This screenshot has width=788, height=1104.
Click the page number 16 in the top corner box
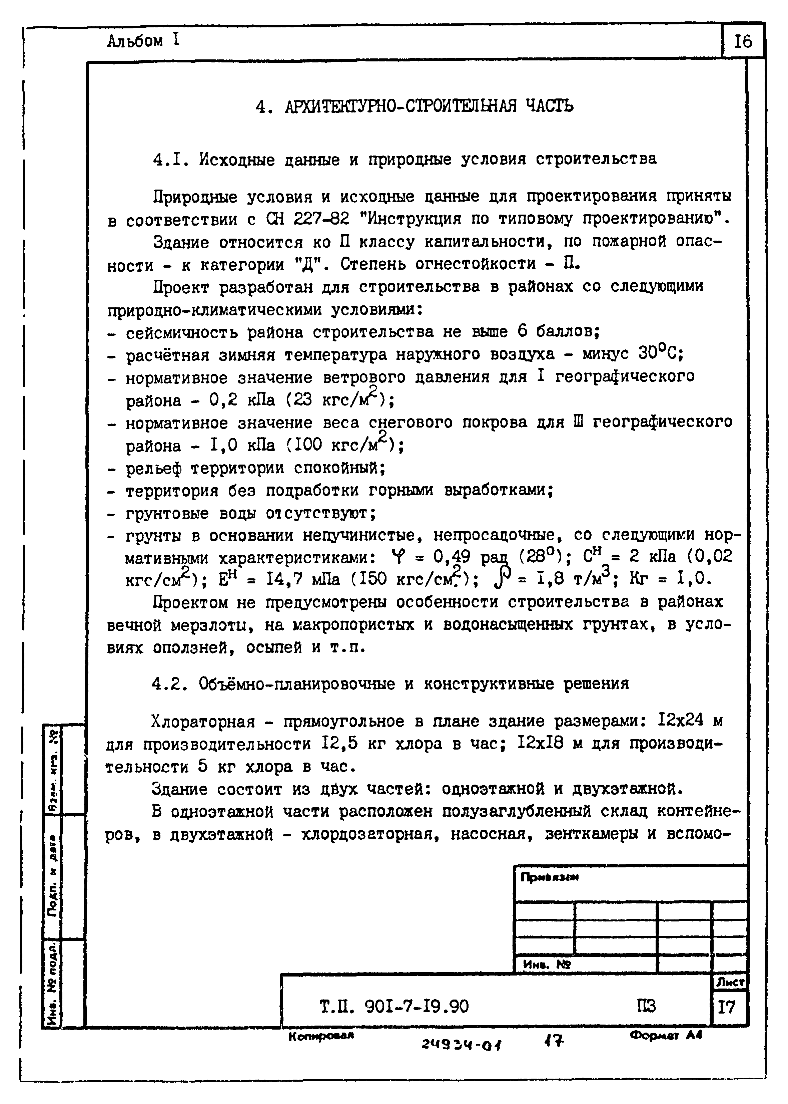click(743, 41)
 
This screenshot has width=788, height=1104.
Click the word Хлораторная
click(203, 722)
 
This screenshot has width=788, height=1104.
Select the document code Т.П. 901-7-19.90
click(394, 1007)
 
